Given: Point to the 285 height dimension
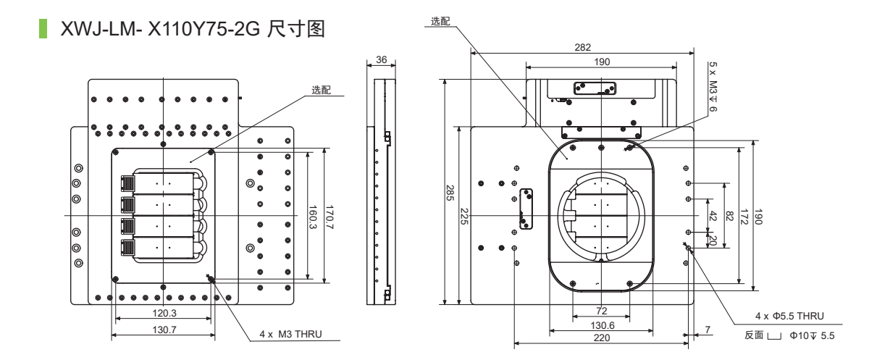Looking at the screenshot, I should [x=449, y=193].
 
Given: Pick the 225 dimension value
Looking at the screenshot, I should [x=464, y=217].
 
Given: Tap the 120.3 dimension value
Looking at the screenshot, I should [x=163, y=314].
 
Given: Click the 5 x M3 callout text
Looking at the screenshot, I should [x=713, y=85].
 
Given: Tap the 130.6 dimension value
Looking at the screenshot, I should [x=601, y=325].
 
